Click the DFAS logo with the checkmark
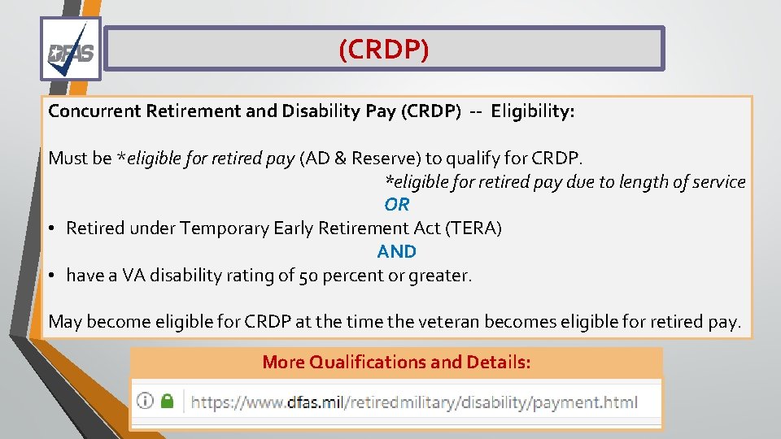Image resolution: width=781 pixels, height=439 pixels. [71, 50]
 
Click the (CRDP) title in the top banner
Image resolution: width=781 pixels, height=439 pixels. [383, 50]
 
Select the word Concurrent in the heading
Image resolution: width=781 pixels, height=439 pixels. [94, 111]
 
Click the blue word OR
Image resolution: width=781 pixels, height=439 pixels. [397, 205]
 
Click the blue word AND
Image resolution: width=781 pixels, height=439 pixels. [397, 252]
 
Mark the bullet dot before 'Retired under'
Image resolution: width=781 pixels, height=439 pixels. [51, 229]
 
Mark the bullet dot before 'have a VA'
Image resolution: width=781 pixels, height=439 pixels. [51, 276]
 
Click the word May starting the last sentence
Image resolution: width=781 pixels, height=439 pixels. [65, 322]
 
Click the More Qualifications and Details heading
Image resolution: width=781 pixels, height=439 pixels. [396, 363]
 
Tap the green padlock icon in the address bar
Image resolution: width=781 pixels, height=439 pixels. [167, 402]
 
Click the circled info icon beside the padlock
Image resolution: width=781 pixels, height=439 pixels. [145, 402]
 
